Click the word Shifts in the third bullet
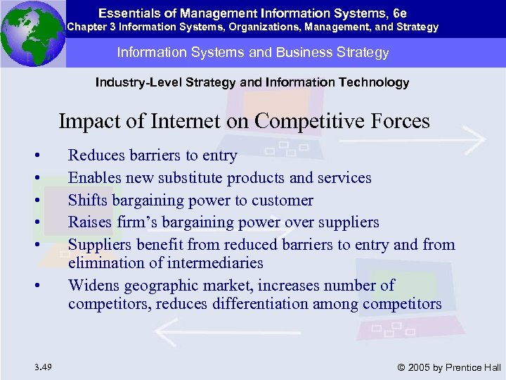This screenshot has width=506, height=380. click(86, 201)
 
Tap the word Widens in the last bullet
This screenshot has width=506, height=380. click(93, 285)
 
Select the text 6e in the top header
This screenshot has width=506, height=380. click(400, 12)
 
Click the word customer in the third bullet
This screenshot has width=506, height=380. click(282, 201)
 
